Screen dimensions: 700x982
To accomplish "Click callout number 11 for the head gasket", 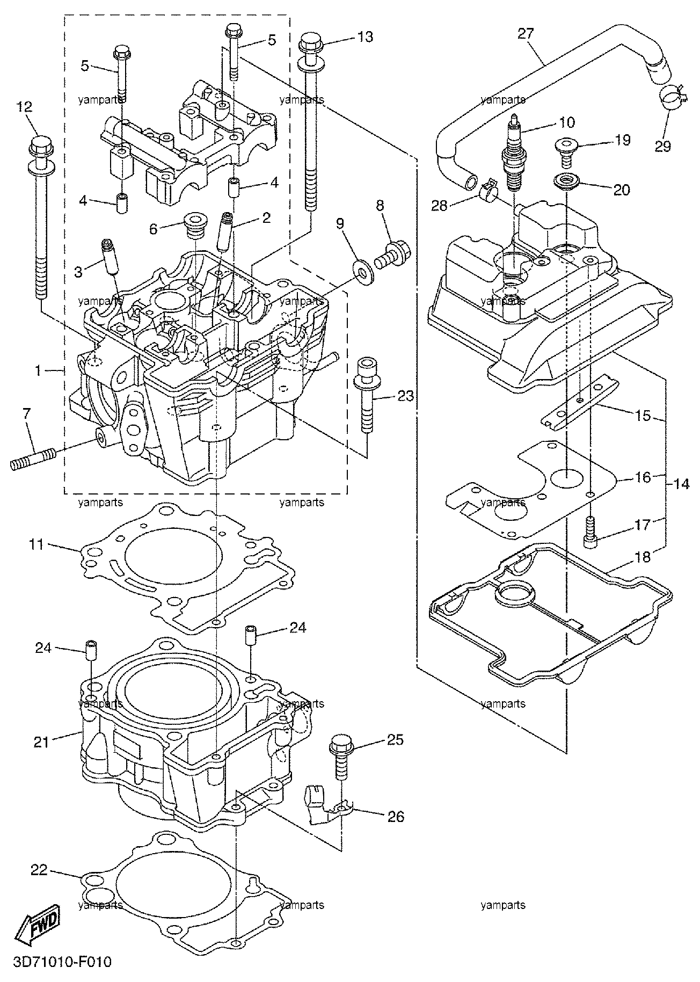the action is pos(37,545).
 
